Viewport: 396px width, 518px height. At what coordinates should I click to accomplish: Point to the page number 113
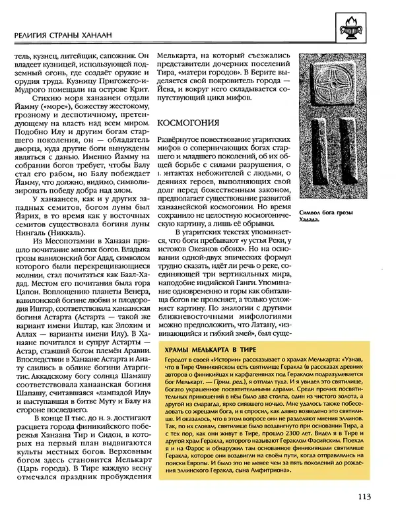(367, 498)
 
